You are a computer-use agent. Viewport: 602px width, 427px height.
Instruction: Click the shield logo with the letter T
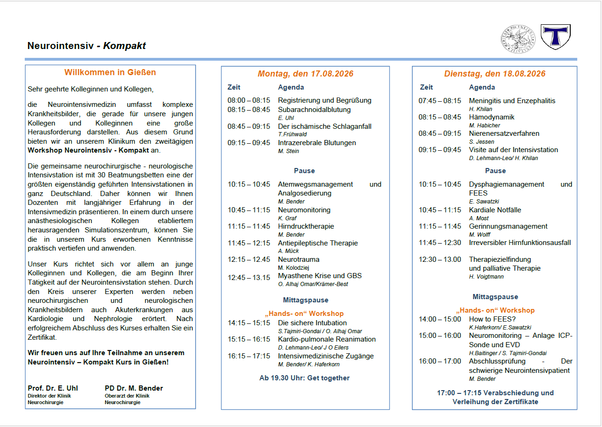(x=555, y=37)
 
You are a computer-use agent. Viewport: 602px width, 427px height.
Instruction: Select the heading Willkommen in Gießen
(x=110, y=72)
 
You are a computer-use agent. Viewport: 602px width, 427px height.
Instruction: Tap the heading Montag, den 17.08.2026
(x=305, y=74)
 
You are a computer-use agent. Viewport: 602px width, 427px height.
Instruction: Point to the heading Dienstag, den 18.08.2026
(x=495, y=74)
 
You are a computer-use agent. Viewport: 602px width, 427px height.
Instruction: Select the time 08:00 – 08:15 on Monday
(x=248, y=100)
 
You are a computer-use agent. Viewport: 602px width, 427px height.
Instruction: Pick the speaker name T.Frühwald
(x=292, y=134)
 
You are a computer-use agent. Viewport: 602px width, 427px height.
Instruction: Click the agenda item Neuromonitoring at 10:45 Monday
(x=304, y=210)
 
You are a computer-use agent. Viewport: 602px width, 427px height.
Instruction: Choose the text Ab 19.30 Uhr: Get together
(x=305, y=378)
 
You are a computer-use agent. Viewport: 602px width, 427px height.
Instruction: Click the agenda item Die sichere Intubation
(x=312, y=323)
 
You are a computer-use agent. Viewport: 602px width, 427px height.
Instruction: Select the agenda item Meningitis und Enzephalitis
(x=512, y=101)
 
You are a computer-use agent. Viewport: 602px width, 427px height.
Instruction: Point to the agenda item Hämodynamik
(x=492, y=117)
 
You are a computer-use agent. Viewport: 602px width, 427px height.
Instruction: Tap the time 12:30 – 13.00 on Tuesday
(x=439, y=259)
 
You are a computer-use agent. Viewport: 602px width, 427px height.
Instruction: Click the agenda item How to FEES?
(x=492, y=319)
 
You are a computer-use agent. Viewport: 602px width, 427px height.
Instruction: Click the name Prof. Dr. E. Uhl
(x=53, y=388)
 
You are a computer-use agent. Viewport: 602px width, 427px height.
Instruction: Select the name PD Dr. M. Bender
(x=134, y=388)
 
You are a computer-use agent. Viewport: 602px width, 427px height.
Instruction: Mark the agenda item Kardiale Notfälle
(x=495, y=210)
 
